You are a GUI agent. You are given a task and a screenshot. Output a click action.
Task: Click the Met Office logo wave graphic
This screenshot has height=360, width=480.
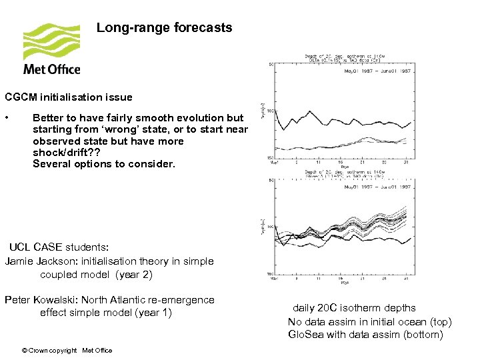pyautogui.click(x=51, y=41)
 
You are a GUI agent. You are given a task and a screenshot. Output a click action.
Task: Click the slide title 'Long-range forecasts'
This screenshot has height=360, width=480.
pyautogui.click(x=164, y=28)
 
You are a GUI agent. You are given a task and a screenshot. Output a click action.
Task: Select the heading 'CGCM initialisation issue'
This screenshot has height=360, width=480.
pyautogui.click(x=69, y=97)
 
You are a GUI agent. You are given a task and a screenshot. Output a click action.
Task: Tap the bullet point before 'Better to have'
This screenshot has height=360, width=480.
pyautogui.click(x=7, y=118)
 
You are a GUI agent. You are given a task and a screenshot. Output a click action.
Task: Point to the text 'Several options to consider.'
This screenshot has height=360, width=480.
pyautogui.click(x=103, y=164)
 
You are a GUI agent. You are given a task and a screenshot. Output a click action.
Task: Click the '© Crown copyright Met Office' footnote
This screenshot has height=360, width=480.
pyautogui.click(x=67, y=350)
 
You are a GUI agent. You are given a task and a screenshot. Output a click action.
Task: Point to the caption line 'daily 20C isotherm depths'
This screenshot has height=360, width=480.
pyautogui.click(x=354, y=308)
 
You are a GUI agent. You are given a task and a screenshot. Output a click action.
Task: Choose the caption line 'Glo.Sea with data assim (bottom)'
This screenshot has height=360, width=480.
pyautogui.click(x=365, y=334)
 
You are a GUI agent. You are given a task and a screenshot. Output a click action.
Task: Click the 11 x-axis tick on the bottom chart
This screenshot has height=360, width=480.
pyautogui.click(x=319, y=279)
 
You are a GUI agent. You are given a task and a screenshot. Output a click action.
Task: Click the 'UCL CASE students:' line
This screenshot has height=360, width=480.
pyautogui.click(x=59, y=247)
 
